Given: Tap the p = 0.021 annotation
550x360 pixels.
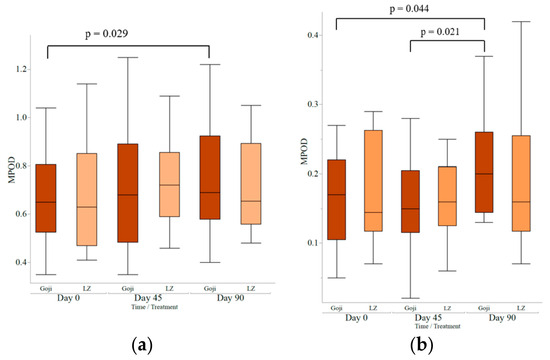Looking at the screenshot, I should tap(447, 32).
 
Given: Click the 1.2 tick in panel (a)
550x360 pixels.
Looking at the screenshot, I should tap(20, 69).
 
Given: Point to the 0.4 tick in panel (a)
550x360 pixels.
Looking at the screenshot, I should tap(20, 262).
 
